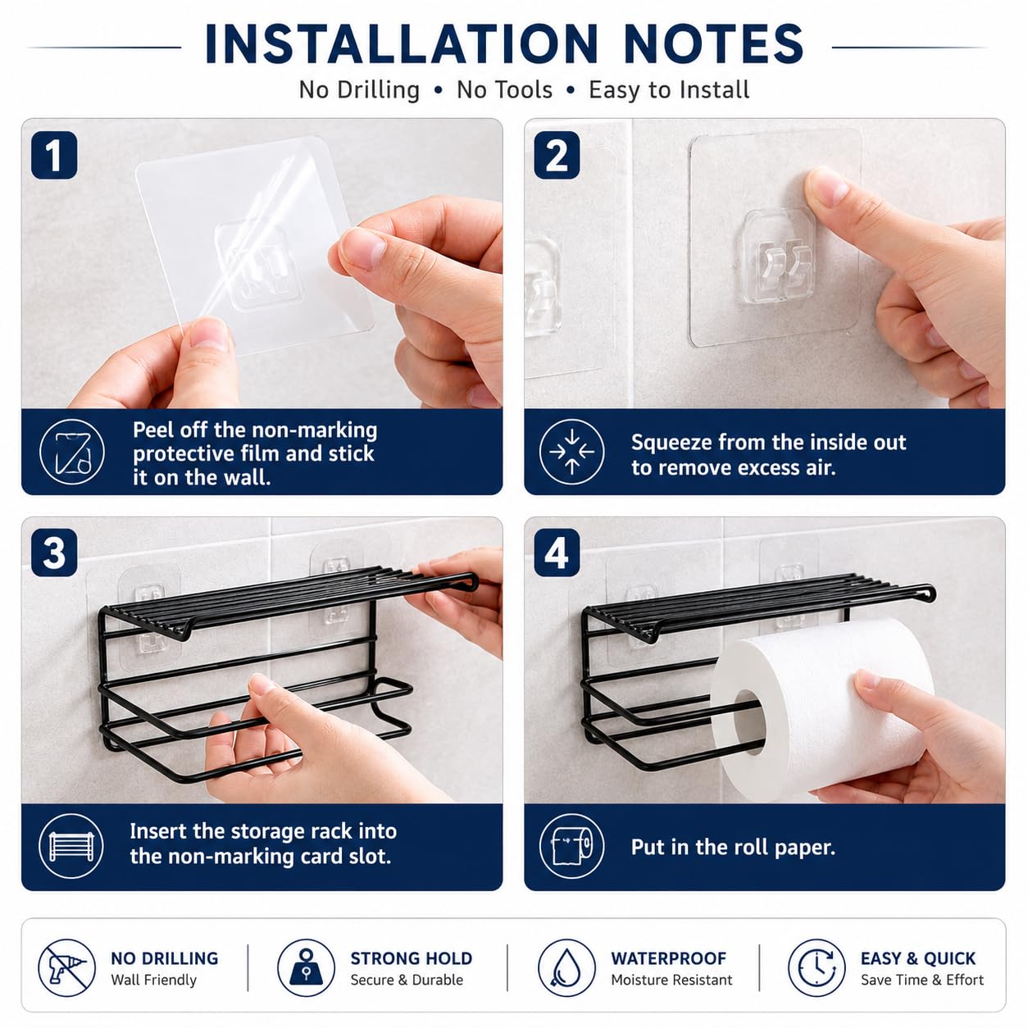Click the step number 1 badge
54,155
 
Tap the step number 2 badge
557,155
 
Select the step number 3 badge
54,553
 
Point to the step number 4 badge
557,553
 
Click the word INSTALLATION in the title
401,44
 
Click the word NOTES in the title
713,44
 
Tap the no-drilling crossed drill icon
66,967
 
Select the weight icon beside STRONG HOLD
306,967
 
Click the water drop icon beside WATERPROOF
566,967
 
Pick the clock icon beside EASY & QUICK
816,967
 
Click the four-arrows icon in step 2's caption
572,452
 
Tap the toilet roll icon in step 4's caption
572,847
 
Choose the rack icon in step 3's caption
71,847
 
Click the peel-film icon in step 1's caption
71,452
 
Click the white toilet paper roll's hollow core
749,721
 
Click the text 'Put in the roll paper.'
733,847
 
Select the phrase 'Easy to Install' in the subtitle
669,89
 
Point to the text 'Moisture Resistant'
671,980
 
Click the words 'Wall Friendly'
153,980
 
